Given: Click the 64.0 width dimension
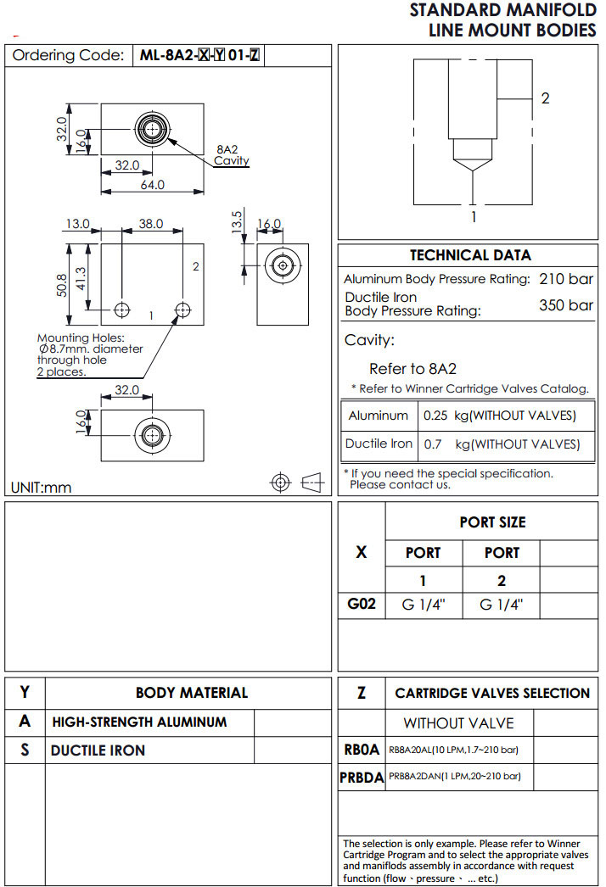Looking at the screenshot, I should point(153,185).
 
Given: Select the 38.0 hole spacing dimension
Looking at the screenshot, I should point(150,225).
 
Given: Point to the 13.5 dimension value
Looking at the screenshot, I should point(238,220).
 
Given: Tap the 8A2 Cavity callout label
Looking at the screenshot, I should point(231,155).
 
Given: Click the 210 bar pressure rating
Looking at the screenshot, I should point(566,279).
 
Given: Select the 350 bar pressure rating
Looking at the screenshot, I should point(566,305).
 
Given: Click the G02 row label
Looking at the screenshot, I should point(362,605).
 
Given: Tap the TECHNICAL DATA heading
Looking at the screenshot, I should point(470,255).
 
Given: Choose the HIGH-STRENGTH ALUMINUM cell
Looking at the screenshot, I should point(139,722).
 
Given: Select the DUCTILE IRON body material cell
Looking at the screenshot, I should point(98,750).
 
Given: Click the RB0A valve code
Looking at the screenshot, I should point(362,750).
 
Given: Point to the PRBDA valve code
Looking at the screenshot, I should point(362,777).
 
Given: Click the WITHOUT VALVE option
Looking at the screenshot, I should point(458,723).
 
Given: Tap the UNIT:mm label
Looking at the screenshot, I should point(42,488).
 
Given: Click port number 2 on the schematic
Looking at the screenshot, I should point(545,98).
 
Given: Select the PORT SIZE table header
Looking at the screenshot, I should point(492,522).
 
